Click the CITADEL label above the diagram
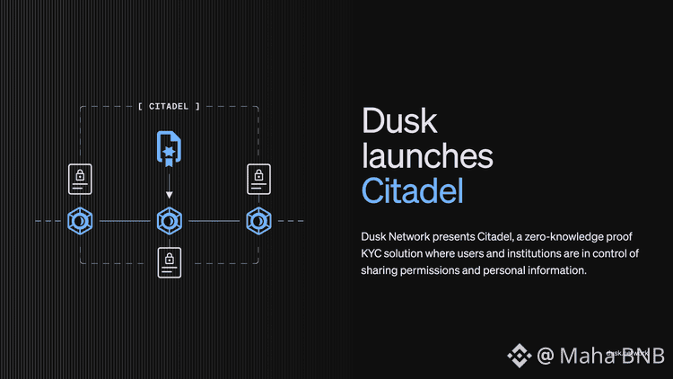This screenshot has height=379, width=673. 169,106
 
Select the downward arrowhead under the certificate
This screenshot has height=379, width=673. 168,193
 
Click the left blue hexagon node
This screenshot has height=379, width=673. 80,220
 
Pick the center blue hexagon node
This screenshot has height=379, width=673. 169,220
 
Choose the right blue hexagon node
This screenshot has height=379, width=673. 258,220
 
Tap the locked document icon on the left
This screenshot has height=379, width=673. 80,179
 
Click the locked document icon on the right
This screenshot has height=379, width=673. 258,179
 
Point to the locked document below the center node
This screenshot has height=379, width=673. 169,261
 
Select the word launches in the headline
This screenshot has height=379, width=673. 427,156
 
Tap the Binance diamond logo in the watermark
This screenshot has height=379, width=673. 519,356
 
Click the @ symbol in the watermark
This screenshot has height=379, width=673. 546,356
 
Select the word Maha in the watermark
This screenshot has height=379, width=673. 584,356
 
